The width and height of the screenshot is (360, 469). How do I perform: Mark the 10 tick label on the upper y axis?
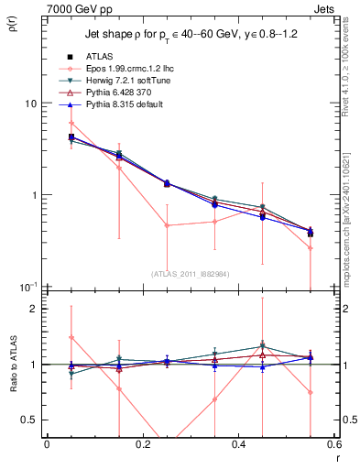[x=30, y=104]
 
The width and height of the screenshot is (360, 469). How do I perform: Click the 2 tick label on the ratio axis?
[x=34, y=309]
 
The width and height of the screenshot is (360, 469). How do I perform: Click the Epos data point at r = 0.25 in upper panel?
[x=167, y=224]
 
